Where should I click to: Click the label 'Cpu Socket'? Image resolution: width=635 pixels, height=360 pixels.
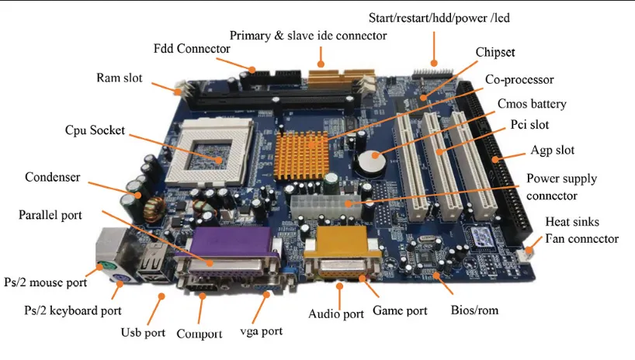coord(94,130)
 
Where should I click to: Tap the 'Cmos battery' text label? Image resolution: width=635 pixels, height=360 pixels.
coord(532,103)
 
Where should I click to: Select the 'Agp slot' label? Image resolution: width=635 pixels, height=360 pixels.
coord(553,150)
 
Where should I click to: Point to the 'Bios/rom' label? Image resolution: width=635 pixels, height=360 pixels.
coord(474,310)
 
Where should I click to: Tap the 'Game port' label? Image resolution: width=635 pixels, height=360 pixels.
coord(400,311)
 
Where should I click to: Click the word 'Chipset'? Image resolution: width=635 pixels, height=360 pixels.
coord(494,52)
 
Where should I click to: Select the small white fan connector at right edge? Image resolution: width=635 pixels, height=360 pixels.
coord(531,250)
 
